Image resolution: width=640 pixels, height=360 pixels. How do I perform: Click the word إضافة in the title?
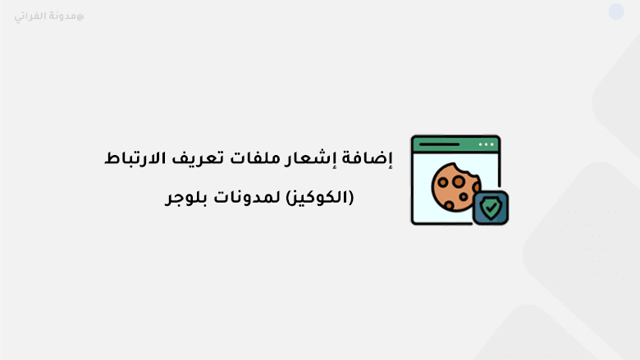372,159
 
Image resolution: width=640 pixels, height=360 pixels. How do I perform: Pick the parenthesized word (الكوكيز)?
322,198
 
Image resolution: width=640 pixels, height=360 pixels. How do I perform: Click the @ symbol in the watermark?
80,16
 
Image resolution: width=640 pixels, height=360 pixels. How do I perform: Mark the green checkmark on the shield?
490,208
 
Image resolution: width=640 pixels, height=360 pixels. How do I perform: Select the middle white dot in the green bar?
487,144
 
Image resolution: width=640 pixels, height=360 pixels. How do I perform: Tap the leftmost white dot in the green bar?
481,144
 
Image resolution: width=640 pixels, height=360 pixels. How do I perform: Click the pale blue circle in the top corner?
616,11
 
